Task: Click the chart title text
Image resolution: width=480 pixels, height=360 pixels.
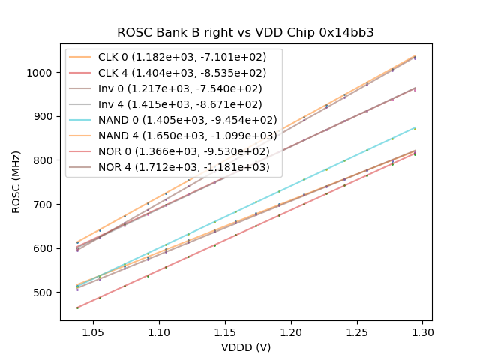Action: tap(245, 33)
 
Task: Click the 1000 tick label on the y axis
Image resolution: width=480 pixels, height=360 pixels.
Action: tap(42, 73)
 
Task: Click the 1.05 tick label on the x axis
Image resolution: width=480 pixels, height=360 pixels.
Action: tap(92, 331)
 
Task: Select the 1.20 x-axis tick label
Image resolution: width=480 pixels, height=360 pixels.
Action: tap(290, 331)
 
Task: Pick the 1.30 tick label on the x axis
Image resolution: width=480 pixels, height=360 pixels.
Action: tap(423, 331)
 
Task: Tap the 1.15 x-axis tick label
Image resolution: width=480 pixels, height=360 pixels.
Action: tap(224, 331)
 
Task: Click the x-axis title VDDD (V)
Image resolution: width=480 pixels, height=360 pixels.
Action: tap(245, 347)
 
